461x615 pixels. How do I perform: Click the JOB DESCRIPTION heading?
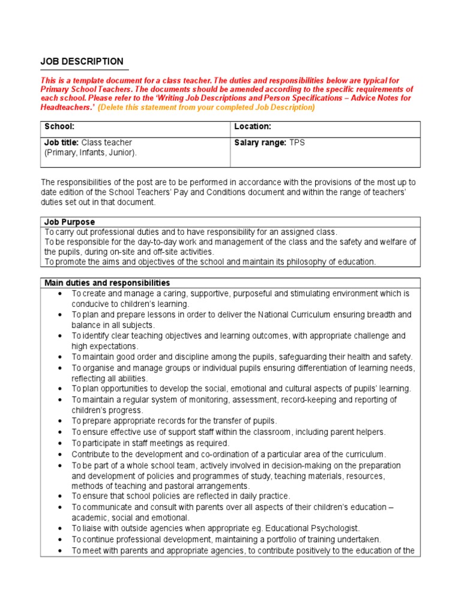pos(82,61)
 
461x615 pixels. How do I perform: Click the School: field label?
pos(59,127)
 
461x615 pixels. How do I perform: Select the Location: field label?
pos(252,127)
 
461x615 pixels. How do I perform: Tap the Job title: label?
pos(62,142)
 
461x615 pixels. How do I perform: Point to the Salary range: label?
pos(260,142)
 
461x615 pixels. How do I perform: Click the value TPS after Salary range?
pos(297,142)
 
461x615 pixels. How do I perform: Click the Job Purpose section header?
pos(70,222)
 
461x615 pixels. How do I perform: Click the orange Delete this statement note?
pos(206,108)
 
